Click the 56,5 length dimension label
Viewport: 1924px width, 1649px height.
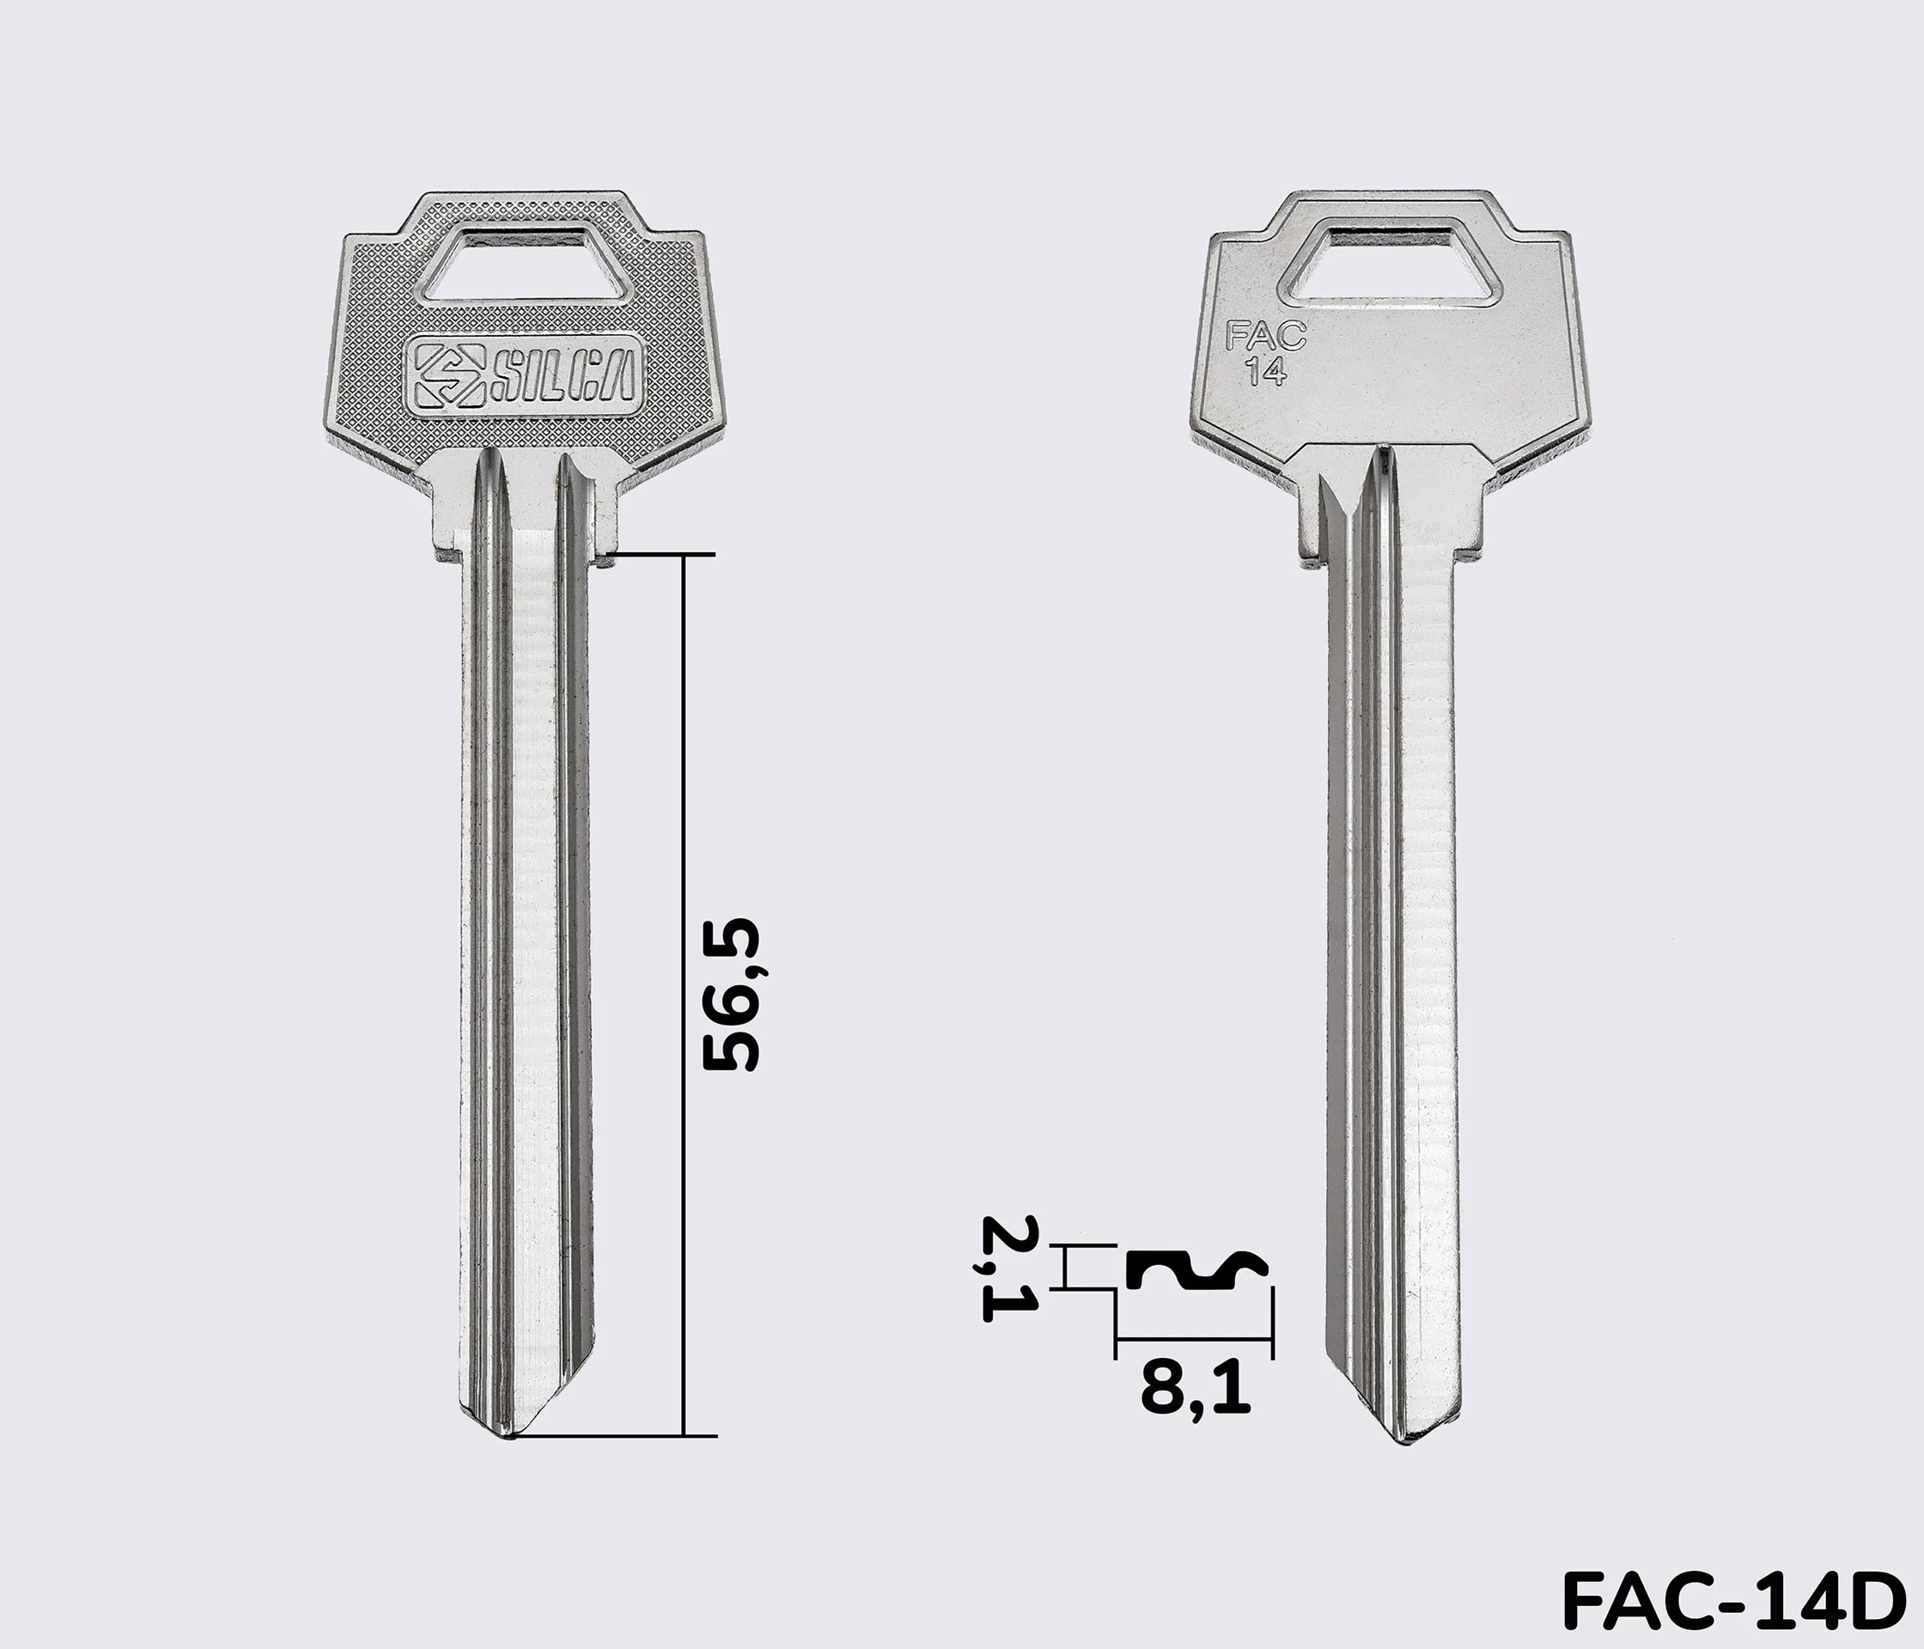[731, 995]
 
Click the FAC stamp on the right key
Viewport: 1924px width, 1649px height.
[1266, 335]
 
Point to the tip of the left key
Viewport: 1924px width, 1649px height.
[510, 1439]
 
